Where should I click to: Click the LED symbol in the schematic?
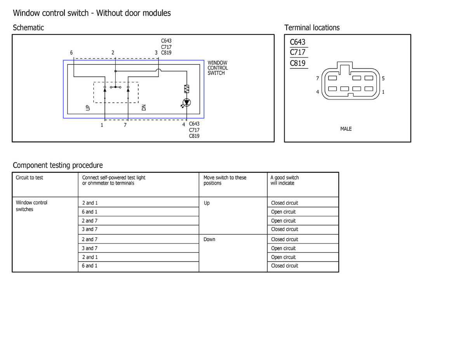click(187, 103)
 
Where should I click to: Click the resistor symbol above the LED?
click(187, 89)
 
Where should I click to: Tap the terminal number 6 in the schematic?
click(71, 52)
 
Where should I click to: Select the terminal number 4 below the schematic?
click(184, 125)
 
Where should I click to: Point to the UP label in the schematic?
click(88, 108)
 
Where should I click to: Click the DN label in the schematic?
click(144, 108)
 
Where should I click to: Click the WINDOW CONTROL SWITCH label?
click(217, 68)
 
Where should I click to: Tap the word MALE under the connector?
click(346, 129)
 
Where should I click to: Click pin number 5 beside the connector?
click(383, 78)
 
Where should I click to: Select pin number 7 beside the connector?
click(318, 78)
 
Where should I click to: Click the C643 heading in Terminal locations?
click(298, 42)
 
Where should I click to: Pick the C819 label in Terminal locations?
click(298, 63)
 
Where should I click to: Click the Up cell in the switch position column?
click(207, 203)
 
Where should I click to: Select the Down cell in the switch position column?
click(209, 239)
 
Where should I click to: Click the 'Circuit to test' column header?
click(30, 177)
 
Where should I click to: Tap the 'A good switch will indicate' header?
click(285, 180)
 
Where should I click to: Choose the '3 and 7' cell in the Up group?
click(90, 229)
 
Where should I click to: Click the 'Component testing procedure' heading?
click(58, 165)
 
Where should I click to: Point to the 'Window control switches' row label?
click(31, 206)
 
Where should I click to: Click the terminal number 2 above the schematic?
click(113, 52)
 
